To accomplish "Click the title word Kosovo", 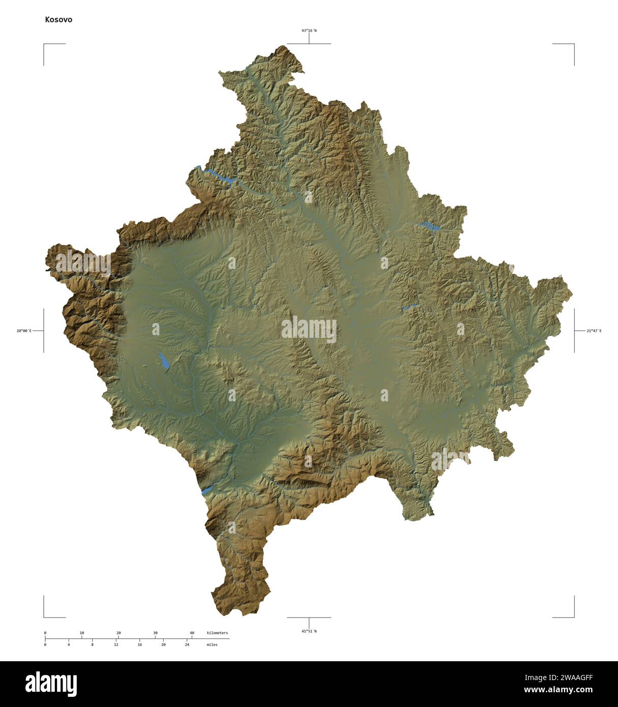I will pos(58,20).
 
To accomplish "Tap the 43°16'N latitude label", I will pos(308,31).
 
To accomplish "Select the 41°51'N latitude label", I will pos(308,631).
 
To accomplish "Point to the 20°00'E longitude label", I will pos(23,331).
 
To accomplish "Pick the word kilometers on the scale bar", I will pos(218,633).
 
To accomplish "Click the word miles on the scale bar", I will pos(212,644).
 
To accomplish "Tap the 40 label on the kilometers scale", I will pos(192,633).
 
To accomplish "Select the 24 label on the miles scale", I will pos(187,644).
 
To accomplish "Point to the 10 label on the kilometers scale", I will pos(82,633).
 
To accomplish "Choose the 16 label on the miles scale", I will pos(140,644).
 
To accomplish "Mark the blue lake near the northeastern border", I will pos(430,225).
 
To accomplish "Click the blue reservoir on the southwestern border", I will pos(207,490).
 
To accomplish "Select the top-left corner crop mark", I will pos(44,45).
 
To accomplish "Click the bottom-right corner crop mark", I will pos(574,616).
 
